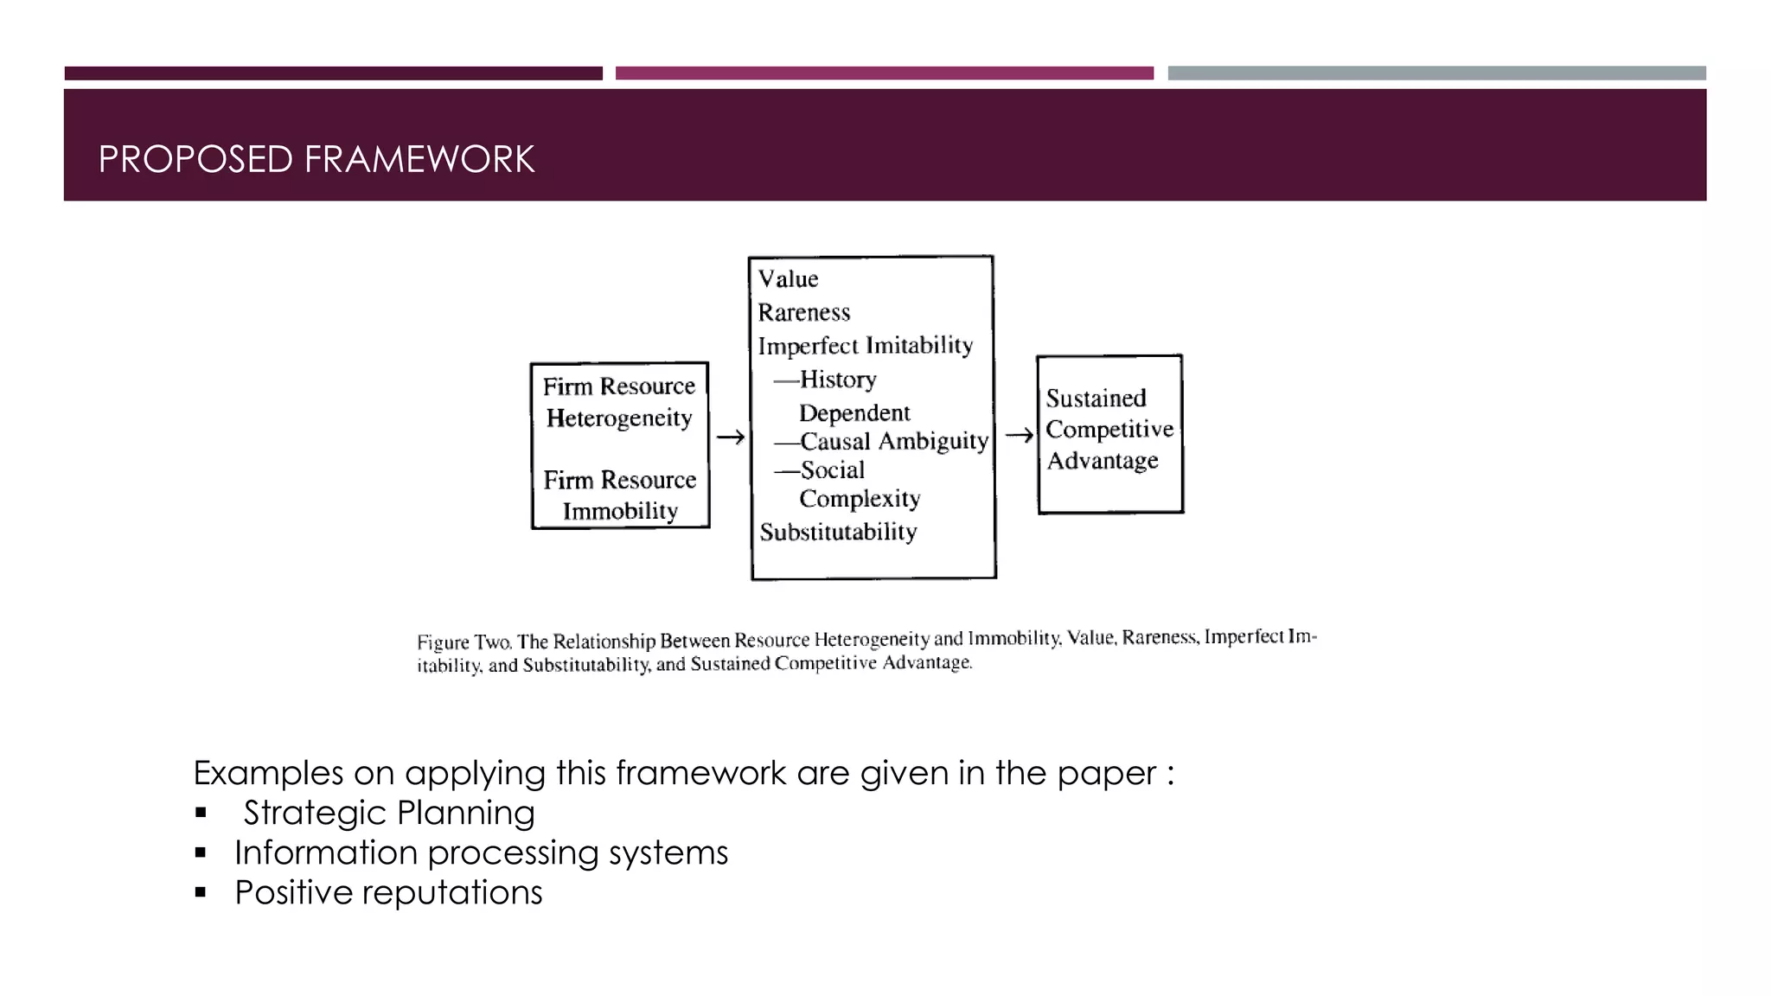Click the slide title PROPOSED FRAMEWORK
[316, 160]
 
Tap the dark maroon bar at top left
[333, 73]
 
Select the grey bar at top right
[1436, 73]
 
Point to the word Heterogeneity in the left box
[619, 418]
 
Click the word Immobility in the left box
[620, 512]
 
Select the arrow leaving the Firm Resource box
[730, 437]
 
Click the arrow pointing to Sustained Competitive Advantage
[1019, 435]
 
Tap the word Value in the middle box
[788, 279]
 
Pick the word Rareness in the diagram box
[804, 312]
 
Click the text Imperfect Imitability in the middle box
[866, 346]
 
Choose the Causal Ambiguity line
[893, 442]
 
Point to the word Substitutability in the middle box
[838, 532]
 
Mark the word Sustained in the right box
[1096, 399]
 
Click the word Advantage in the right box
[1103, 461]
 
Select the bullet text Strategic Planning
[389, 813]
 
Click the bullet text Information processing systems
[481, 852]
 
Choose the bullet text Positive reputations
[388, 892]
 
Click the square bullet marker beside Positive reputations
[201, 893]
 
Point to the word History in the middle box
[838, 380]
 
